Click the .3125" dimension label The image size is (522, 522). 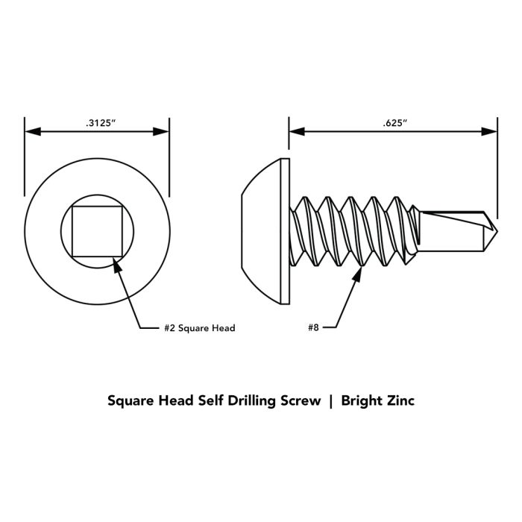pyautogui.click(x=101, y=123)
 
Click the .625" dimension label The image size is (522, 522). pyautogui.click(x=394, y=123)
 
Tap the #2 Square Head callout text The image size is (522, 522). pyautogui.click(x=200, y=328)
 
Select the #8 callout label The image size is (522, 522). pyautogui.click(x=314, y=327)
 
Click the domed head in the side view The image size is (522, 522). pyautogui.click(x=261, y=231)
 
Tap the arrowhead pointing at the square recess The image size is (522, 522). pyautogui.click(x=116, y=265)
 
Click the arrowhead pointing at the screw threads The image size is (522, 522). pyautogui.click(x=358, y=274)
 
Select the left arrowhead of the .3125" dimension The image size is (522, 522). pyautogui.click(x=33, y=131)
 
